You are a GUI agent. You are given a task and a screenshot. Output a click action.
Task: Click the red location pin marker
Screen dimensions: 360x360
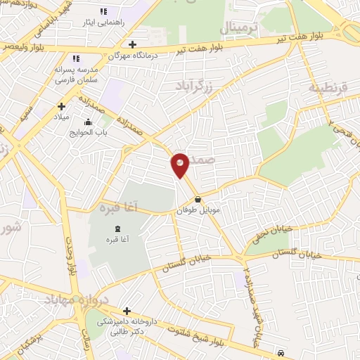click(180, 165)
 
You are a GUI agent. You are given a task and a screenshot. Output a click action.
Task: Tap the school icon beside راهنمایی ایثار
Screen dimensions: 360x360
click(104, 11)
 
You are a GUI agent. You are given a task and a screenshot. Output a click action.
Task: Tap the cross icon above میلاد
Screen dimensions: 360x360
click(61, 106)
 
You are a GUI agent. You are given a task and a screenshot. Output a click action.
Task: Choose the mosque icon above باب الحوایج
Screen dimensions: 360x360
click(88, 123)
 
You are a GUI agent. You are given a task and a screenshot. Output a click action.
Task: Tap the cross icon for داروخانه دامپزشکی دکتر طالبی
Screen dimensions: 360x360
click(127, 311)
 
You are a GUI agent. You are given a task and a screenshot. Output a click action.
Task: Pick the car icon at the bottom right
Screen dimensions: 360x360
click(281, 352)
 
